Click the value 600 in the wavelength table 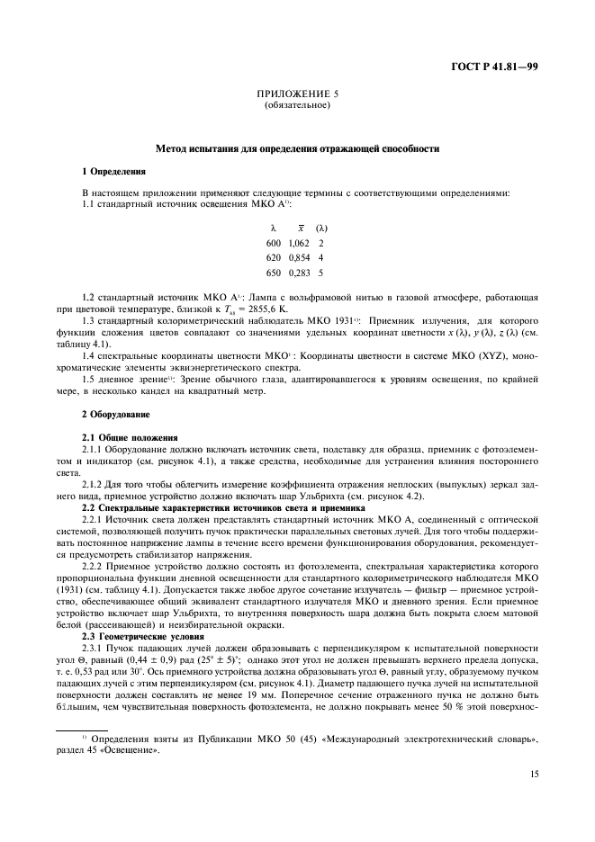pos(273,243)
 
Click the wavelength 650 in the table pos(273,272)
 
